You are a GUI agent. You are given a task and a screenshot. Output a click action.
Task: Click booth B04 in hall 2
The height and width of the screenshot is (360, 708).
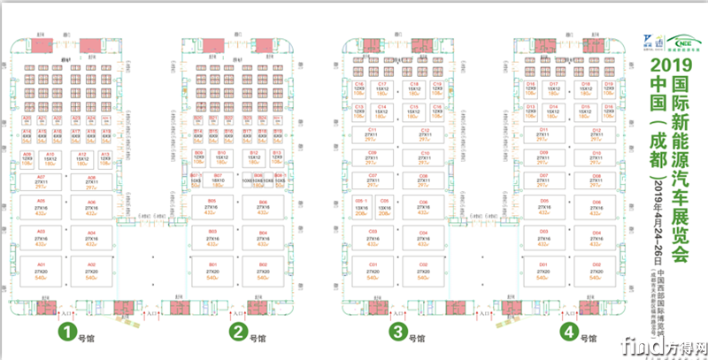[263, 238]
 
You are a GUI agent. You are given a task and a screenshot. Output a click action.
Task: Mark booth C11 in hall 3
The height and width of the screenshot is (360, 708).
[373, 134]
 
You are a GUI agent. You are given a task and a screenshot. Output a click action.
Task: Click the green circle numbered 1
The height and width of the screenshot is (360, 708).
[65, 333]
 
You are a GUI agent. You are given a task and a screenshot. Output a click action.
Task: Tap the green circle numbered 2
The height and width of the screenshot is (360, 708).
[238, 333]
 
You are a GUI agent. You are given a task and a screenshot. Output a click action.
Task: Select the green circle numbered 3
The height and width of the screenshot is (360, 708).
[399, 333]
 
